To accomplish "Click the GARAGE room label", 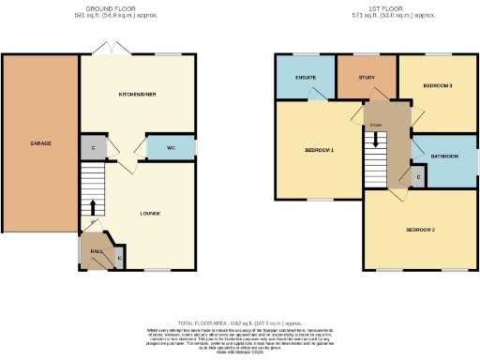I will pyautogui.click(x=40, y=143).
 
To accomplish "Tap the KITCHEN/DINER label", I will pyautogui.click(x=136, y=96).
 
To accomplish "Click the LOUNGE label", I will pyautogui.click(x=150, y=213).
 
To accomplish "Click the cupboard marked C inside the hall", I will pyautogui.click(x=119, y=257).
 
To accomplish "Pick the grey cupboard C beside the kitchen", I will pyautogui.click(x=91, y=147).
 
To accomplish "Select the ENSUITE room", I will pyautogui.click(x=305, y=76).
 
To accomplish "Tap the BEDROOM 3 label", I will pyautogui.click(x=438, y=86).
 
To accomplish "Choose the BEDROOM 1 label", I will pyautogui.click(x=319, y=150).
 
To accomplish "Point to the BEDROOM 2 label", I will pyautogui.click(x=420, y=229).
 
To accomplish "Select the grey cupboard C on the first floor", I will pyautogui.click(x=417, y=175).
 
